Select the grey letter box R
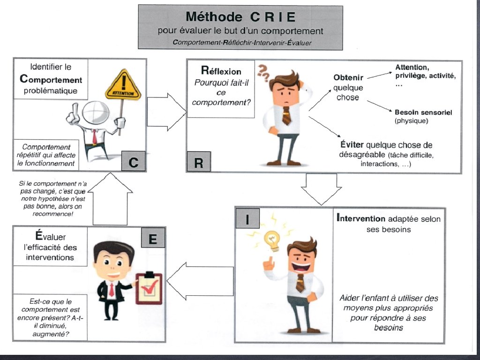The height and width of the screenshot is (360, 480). point(198,162)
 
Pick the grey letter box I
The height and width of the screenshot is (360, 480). point(247,219)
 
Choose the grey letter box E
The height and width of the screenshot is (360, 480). point(153,239)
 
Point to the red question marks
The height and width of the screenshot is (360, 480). point(263,72)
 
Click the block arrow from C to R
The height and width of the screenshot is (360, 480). point(166,112)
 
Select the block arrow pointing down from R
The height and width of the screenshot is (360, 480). point(321,188)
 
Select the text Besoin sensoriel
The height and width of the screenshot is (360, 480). point(423,112)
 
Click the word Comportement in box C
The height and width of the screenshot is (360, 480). point(51,80)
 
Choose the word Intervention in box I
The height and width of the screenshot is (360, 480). point(361,219)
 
